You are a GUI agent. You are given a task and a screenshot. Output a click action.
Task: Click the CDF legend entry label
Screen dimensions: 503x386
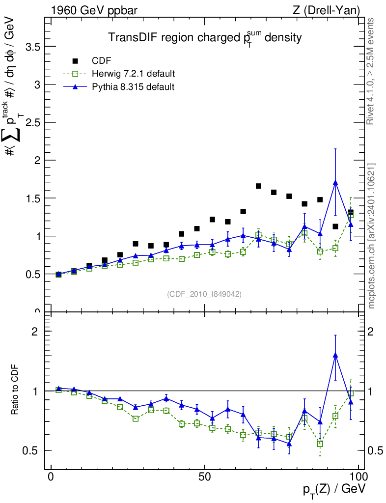[x=102, y=61]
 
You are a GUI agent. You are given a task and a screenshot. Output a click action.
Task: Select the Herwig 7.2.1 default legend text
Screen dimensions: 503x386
[x=134, y=74]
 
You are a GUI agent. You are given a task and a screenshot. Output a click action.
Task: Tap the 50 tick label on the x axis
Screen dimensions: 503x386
[x=205, y=477]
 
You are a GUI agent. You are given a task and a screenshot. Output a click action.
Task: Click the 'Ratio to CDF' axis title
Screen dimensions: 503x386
[x=14, y=391]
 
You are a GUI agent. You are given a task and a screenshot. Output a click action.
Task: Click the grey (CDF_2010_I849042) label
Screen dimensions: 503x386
[x=204, y=294]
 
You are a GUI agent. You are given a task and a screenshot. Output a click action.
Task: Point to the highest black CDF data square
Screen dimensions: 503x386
[x=258, y=186]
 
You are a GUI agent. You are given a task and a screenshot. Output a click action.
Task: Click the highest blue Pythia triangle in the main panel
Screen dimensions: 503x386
[x=335, y=183]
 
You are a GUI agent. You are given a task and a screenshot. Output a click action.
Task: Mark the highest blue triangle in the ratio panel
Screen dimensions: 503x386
[x=335, y=355]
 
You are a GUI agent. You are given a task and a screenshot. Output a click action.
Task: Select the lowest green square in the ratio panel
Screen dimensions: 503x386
[x=320, y=444]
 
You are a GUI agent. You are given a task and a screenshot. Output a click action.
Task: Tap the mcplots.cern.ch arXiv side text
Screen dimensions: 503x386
[x=371, y=236]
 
